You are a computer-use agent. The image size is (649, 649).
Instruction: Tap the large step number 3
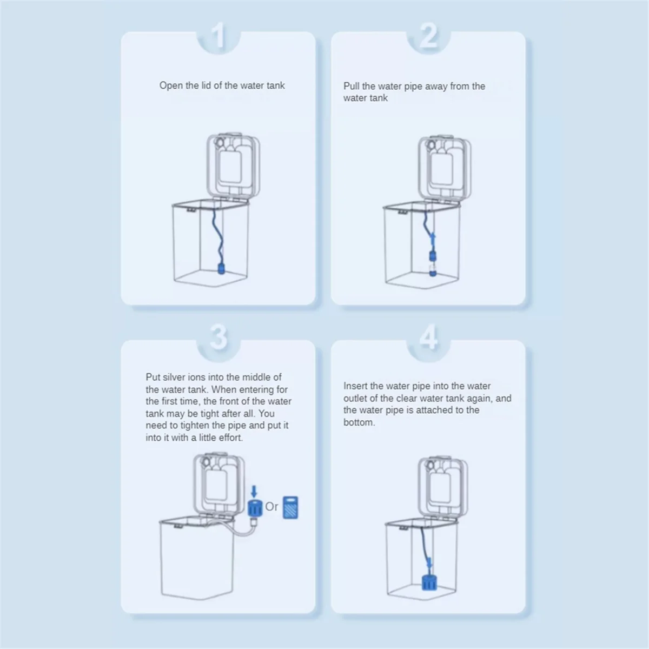218,337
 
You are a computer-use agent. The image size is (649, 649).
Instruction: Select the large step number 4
428,337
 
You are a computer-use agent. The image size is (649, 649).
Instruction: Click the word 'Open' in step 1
171,85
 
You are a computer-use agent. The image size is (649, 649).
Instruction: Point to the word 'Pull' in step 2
352,86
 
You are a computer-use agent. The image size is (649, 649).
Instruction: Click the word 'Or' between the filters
271,507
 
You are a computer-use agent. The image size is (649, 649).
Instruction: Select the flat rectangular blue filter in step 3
290,508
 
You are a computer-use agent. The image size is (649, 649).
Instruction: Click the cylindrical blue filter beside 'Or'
255,508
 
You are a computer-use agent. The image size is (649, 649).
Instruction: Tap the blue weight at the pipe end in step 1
221,269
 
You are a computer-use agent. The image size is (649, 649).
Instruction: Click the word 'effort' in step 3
229,438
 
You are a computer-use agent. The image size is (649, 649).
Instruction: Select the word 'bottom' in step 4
358,422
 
